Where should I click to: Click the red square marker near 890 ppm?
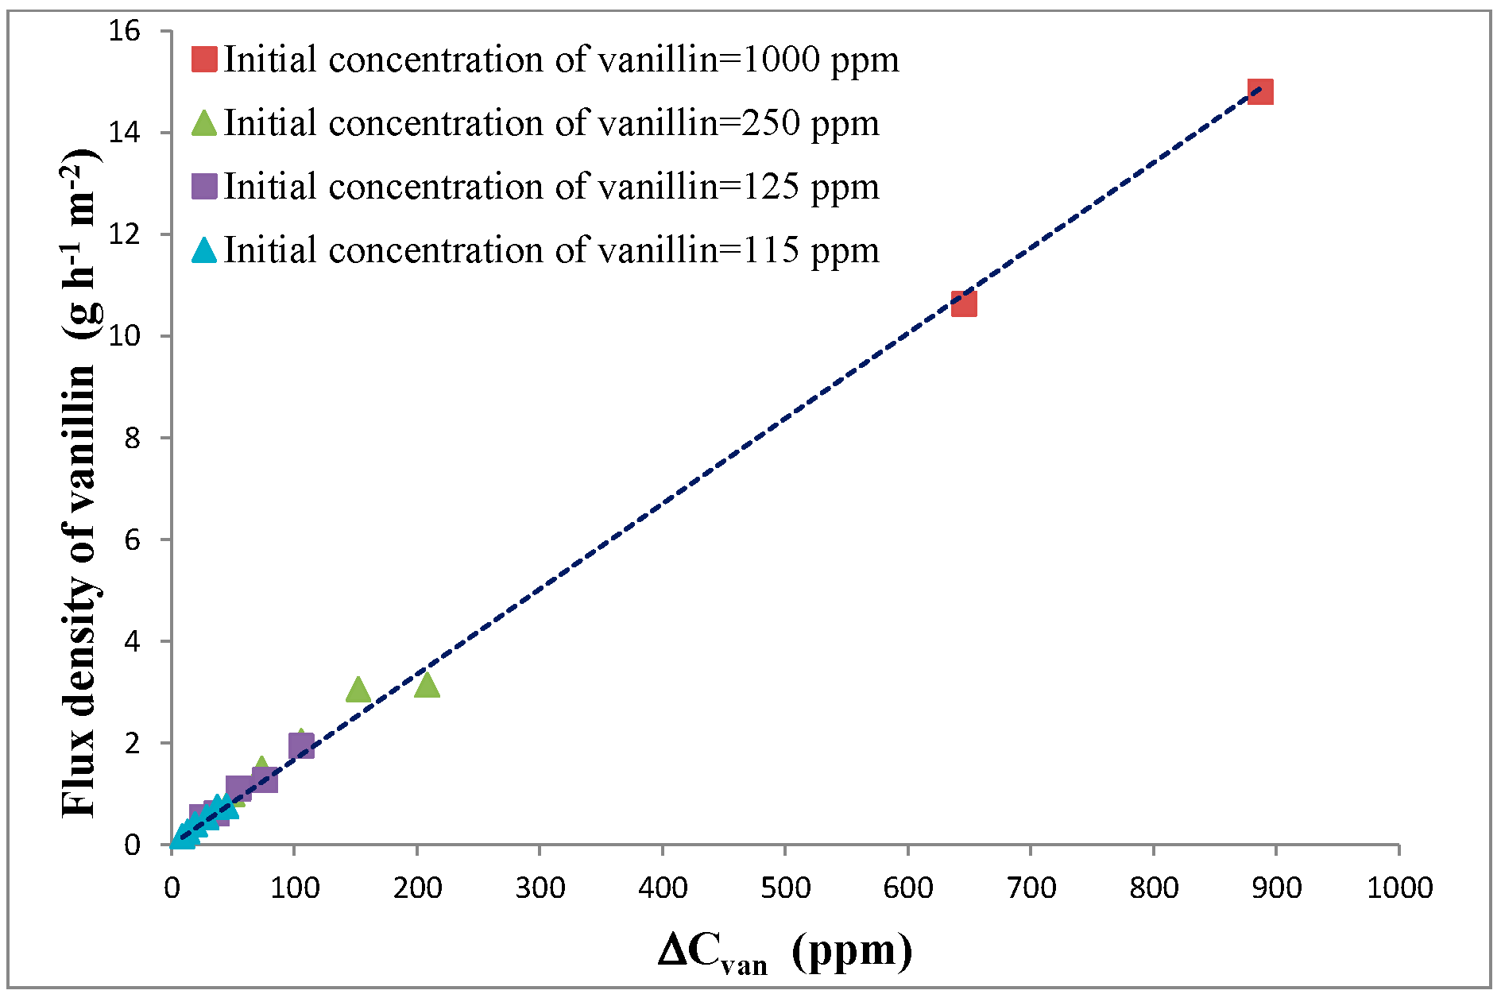click(1260, 92)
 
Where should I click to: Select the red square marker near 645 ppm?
click(964, 304)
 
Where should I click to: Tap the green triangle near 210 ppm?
click(427, 685)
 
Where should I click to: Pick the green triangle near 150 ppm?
click(358, 690)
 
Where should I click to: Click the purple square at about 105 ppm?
click(301, 745)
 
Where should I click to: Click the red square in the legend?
click(205, 60)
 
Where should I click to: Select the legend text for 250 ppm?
click(551, 123)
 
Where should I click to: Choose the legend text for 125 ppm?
click(551, 187)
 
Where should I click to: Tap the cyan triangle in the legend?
click(205, 251)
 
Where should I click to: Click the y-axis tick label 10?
click(125, 336)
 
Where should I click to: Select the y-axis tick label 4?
click(132, 641)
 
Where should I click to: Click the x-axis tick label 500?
click(785, 887)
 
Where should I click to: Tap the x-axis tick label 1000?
click(1399, 887)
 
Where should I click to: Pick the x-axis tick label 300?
click(540, 887)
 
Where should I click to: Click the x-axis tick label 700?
click(1031, 887)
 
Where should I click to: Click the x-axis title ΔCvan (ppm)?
click(785, 950)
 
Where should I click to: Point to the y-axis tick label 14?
click(125, 133)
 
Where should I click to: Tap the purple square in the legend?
click(205, 187)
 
